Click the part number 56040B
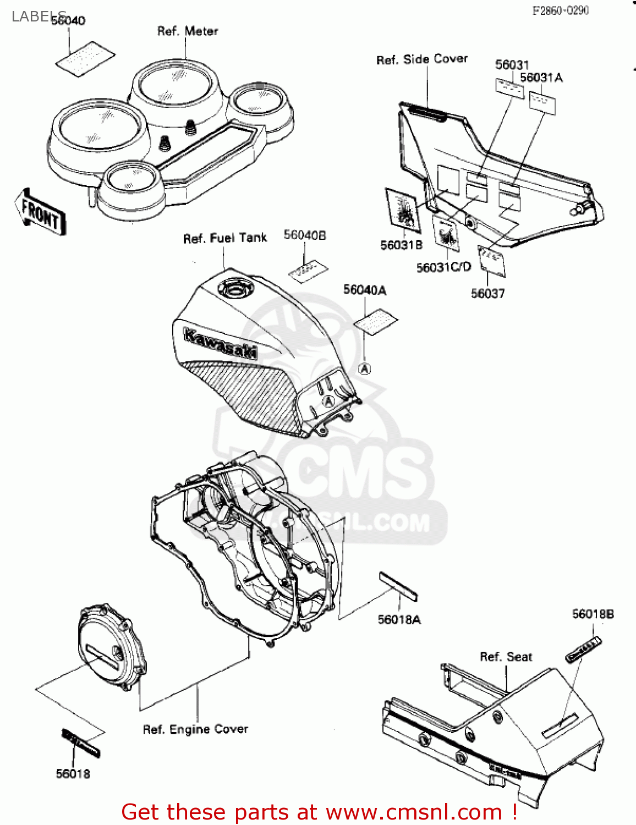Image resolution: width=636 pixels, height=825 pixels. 304,235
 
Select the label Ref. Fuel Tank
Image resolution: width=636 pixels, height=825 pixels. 224,238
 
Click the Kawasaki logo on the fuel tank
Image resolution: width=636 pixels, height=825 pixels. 220,343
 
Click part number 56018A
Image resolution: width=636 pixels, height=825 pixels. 399,620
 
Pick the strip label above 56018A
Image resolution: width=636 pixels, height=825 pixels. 398,586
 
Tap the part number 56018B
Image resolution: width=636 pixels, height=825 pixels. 593,614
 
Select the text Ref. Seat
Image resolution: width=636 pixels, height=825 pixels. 506,657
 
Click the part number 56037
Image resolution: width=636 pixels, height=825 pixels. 487,294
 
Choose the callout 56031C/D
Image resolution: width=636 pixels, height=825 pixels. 443,267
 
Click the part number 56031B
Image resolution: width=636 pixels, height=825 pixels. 401,245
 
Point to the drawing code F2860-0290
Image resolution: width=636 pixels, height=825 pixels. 560,10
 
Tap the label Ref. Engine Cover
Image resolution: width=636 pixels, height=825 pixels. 195,729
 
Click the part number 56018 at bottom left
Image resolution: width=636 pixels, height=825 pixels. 73,774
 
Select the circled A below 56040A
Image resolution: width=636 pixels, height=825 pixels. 364,369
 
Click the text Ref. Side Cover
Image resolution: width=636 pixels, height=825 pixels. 421,59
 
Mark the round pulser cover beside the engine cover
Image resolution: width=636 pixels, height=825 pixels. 112,646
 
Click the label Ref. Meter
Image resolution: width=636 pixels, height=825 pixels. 187,31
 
